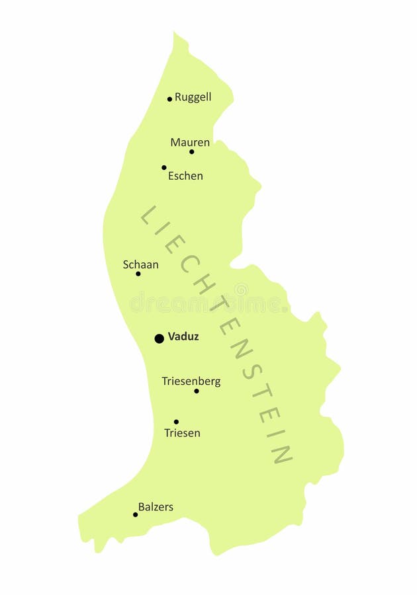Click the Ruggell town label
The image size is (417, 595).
pyautogui.click(x=193, y=97)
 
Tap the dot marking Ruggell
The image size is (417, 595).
pyautogui.click(x=169, y=99)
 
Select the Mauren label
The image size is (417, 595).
pyautogui.click(x=190, y=142)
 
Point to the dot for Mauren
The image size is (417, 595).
pyautogui.click(x=192, y=151)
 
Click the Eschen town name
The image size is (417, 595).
pyautogui.click(x=185, y=176)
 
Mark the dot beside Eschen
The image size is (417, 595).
pyautogui.click(x=164, y=167)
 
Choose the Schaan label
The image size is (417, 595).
pyautogui.click(x=140, y=264)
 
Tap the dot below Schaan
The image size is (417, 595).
pyautogui.click(x=138, y=274)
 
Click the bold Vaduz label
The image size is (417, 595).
pyautogui.click(x=183, y=337)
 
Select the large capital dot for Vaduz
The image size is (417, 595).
pyautogui.click(x=160, y=338)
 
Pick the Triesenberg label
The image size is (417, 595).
pyautogui.click(x=191, y=381)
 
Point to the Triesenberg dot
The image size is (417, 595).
pyautogui.click(x=197, y=391)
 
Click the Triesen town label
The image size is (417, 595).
pyautogui.click(x=182, y=433)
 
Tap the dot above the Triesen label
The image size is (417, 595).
pyautogui.click(x=176, y=422)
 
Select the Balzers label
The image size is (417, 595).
pyautogui.click(x=156, y=507)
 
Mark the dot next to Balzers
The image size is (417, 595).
pyautogui.click(x=136, y=514)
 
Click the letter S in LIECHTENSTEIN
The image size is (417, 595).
pyautogui.click(x=250, y=372)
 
